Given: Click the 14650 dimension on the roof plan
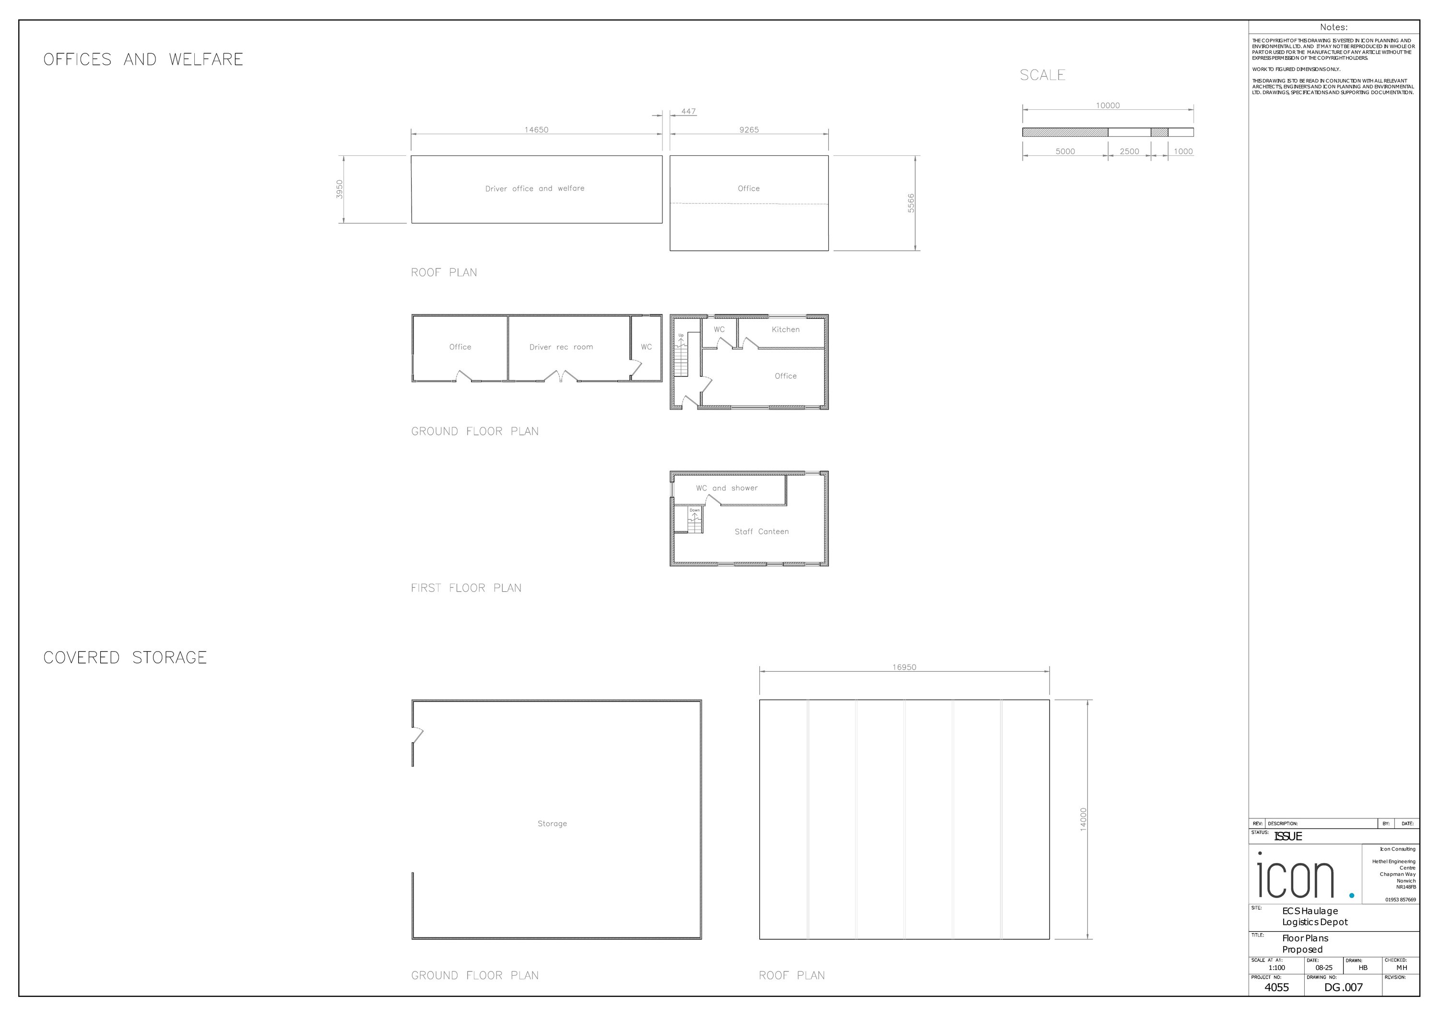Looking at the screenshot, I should coord(536,129).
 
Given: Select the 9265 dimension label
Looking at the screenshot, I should coord(748,129).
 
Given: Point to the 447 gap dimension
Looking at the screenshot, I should coord(688,112).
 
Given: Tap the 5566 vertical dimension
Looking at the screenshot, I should coord(911,203).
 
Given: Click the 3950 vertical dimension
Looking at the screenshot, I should coord(340,189).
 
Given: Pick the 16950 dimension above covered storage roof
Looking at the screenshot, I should coord(904,667).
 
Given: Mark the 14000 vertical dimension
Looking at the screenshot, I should coord(1083,819).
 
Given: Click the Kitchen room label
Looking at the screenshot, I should coord(785,329).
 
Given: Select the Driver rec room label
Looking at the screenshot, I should coord(561,347).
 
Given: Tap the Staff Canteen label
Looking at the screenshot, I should coord(762,532).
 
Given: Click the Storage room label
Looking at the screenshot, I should coord(552,824).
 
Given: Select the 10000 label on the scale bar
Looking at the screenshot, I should coord(1108,105).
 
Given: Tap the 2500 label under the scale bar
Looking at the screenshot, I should coord(1130,152).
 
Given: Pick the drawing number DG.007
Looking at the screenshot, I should coord(1343,987).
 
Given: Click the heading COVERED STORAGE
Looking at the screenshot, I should coord(125,658).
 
